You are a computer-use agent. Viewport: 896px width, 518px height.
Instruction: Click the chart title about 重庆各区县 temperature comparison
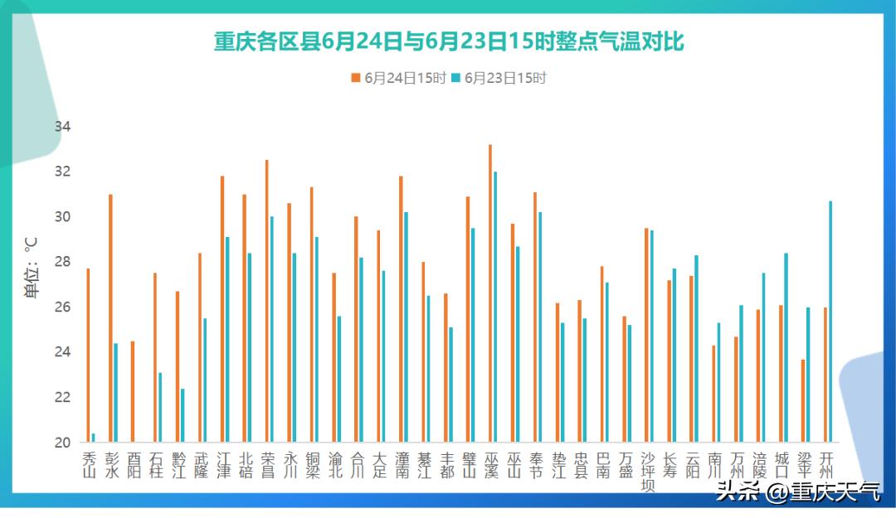coord(449,41)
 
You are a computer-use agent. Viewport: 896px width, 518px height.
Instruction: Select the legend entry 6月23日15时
coord(500,79)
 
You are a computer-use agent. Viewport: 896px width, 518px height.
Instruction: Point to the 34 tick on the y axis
coord(63,127)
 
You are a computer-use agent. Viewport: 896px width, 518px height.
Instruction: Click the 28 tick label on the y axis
coord(63,262)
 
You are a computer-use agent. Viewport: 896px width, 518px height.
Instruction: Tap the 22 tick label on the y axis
coord(63,397)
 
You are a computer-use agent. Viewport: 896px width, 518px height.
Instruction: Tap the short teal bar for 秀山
coord(93,438)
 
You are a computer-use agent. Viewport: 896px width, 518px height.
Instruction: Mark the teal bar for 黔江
coord(183,415)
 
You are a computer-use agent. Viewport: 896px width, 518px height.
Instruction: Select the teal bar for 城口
coord(786,347)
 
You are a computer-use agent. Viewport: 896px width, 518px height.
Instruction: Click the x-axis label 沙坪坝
coord(648,472)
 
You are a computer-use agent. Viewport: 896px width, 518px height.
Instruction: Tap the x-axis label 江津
coord(223,465)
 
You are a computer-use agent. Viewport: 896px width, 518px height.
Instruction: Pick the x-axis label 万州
coord(738,465)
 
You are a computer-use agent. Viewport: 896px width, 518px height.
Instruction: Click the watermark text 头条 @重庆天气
coord(798,492)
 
